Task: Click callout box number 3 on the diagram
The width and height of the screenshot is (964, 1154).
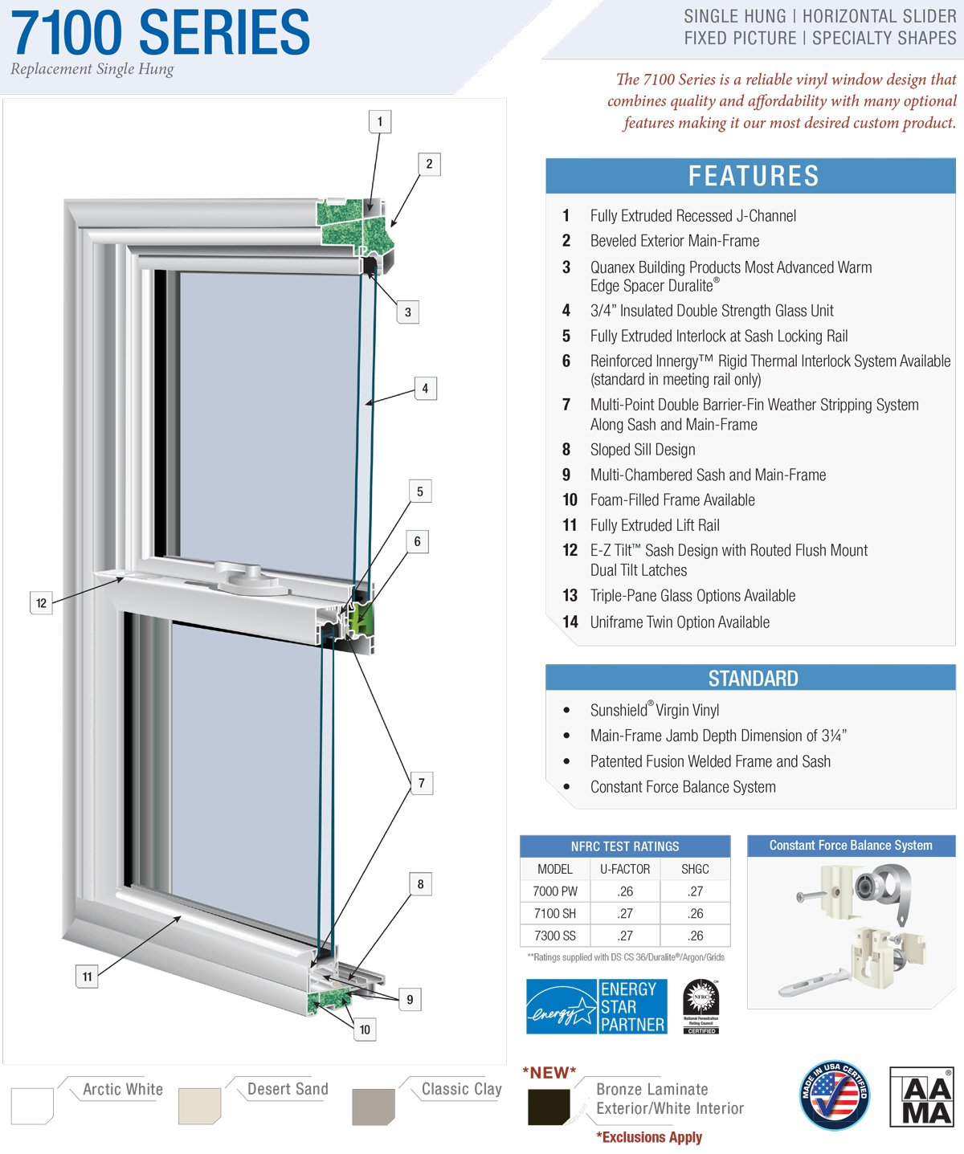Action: (407, 312)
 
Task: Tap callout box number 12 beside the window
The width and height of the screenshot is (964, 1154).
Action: (41, 603)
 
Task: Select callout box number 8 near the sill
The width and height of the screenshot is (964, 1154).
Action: (420, 884)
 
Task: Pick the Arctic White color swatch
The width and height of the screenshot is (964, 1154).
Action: (32, 1106)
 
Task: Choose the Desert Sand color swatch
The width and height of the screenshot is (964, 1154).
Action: (199, 1106)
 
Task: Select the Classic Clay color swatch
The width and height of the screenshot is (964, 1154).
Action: (374, 1107)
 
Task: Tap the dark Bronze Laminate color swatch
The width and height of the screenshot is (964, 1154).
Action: (549, 1107)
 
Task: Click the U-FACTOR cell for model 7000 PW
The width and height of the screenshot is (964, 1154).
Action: (625, 891)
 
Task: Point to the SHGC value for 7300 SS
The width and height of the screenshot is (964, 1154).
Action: (695, 936)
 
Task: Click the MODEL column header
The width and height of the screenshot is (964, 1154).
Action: (555, 869)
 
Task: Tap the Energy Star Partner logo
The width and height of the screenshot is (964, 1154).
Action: (596, 1006)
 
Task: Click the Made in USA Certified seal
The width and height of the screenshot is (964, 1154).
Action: (835, 1095)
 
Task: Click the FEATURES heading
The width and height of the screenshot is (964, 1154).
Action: (753, 176)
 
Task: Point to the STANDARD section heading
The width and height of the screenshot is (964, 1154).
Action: (753, 679)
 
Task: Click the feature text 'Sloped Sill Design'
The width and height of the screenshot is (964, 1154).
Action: (643, 450)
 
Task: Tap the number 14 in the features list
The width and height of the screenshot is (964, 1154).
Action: (570, 622)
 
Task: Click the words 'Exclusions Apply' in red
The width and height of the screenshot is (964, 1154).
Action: (652, 1137)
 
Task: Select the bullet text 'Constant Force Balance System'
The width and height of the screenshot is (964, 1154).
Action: (683, 787)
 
